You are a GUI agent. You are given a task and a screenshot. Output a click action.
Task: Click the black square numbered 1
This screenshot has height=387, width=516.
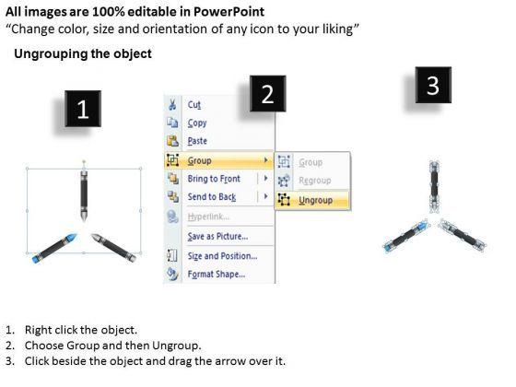pyautogui.click(x=83, y=109)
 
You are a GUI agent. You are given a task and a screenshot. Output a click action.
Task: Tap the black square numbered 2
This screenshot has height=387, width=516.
pyautogui.click(x=267, y=94)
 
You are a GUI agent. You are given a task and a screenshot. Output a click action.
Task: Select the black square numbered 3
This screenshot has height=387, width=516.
pyautogui.click(x=433, y=85)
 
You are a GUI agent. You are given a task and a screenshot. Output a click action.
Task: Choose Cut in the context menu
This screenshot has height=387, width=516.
pyautogui.click(x=194, y=105)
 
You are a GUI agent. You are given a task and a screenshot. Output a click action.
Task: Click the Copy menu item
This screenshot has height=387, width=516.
pyautogui.click(x=197, y=123)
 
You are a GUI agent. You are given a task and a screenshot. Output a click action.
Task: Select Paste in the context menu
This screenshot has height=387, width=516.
pyautogui.click(x=197, y=141)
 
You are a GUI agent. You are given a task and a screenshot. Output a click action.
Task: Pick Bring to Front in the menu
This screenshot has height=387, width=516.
pyautogui.click(x=214, y=179)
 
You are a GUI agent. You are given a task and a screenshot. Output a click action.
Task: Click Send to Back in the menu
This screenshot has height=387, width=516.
pyautogui.click(x=212, y=197)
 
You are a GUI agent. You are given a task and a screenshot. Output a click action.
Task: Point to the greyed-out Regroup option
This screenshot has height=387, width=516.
pyautogui.click(x=314, y=181)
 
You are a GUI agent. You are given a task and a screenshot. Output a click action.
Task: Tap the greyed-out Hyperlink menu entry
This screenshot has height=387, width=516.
pyautogui.click(x=208, y=217)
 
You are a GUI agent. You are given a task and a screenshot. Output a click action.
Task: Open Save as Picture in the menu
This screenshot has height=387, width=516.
pyautogui.click(x=217, y=236)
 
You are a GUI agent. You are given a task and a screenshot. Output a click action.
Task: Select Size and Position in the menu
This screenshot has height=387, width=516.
pyautogui.click(x=222, y=256)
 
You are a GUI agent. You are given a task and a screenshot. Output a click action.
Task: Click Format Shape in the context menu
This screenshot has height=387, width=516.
pyautogui.click(x=217, y=274)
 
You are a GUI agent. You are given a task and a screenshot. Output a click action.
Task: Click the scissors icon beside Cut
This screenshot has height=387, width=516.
pyautogui.click(x=172, y=104)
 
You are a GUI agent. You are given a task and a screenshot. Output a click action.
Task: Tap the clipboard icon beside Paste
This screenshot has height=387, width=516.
pyautogui.click(x=172, y=140)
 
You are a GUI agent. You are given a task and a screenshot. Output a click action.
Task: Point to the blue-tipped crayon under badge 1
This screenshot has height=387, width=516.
pyautogui.click(x=54, y=248)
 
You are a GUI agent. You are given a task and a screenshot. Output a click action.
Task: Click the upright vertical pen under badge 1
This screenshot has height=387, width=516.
pyautogui.click(x=84, y=195)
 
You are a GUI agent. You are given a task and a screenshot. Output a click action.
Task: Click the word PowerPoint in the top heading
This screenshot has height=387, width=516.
pyautogui.click(x=229, y=12)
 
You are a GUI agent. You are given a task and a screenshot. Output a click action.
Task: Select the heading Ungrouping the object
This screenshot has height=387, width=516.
pyautogui.click(x=83, y=53)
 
